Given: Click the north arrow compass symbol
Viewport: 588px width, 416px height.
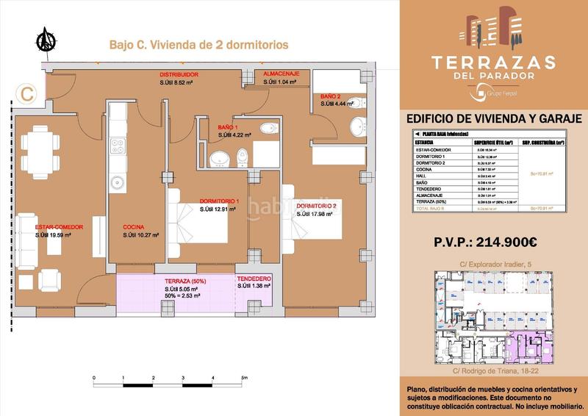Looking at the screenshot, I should [x=45, y=40].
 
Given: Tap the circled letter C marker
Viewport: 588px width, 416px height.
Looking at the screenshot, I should [x=26, y=93].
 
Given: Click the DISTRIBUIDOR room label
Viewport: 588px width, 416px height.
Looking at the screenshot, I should [x=180, y=75].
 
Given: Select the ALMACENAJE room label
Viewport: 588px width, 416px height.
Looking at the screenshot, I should [x=280, y=75].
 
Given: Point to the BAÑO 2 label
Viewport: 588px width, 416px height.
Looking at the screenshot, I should [x=330, y=96].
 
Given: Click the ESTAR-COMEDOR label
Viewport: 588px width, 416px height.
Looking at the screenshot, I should [x=58, y=227].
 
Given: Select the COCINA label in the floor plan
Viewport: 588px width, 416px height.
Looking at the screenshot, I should [x=133, y=227].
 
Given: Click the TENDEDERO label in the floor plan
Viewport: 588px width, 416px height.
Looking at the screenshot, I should [x=254, y=279].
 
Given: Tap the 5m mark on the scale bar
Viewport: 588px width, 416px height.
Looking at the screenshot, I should [x=244, y=377].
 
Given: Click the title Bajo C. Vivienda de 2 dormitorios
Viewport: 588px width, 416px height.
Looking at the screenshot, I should [x=198, y=45].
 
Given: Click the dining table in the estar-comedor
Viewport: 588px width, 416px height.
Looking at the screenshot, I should [x=39, y=151].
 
